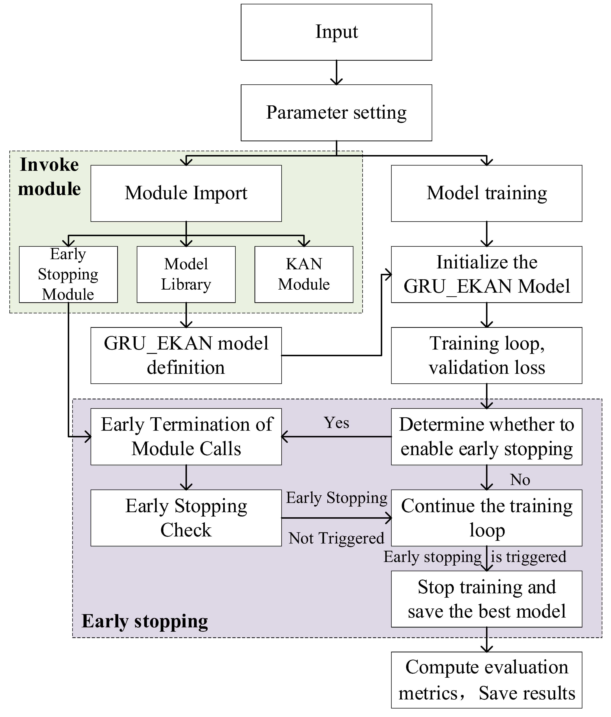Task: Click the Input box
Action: pos(336,32)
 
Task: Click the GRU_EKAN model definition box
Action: pos(186,355)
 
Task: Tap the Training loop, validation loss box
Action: pos(486,355)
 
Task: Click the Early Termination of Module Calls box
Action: pos(186,436)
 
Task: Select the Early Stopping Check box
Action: pos(186,518)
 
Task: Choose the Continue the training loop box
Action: pos(486,518)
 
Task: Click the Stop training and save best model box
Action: pos(486,599)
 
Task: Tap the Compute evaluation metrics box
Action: pos(486,680)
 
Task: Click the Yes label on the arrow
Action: pos(336,423)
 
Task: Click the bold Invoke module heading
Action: pos(49,176)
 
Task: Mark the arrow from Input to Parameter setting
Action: pos(336,73)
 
